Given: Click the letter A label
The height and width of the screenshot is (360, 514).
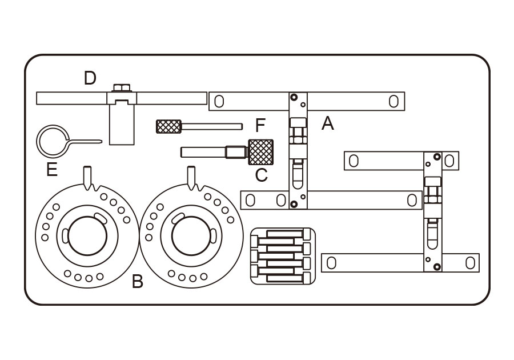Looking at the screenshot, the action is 327,124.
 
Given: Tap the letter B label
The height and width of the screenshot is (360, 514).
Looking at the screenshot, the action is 137,281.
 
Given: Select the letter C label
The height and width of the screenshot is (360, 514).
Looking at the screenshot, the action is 261,175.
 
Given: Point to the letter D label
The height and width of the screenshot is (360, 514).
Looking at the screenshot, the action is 90,78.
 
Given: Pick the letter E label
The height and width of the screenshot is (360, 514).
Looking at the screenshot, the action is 52,170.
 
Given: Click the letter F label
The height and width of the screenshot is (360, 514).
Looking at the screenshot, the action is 260,125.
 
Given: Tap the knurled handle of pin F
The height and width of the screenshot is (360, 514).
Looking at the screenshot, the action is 168,126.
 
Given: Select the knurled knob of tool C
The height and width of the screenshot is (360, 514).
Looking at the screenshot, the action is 260,152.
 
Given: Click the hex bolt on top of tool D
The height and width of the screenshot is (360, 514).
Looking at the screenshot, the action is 122,88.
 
